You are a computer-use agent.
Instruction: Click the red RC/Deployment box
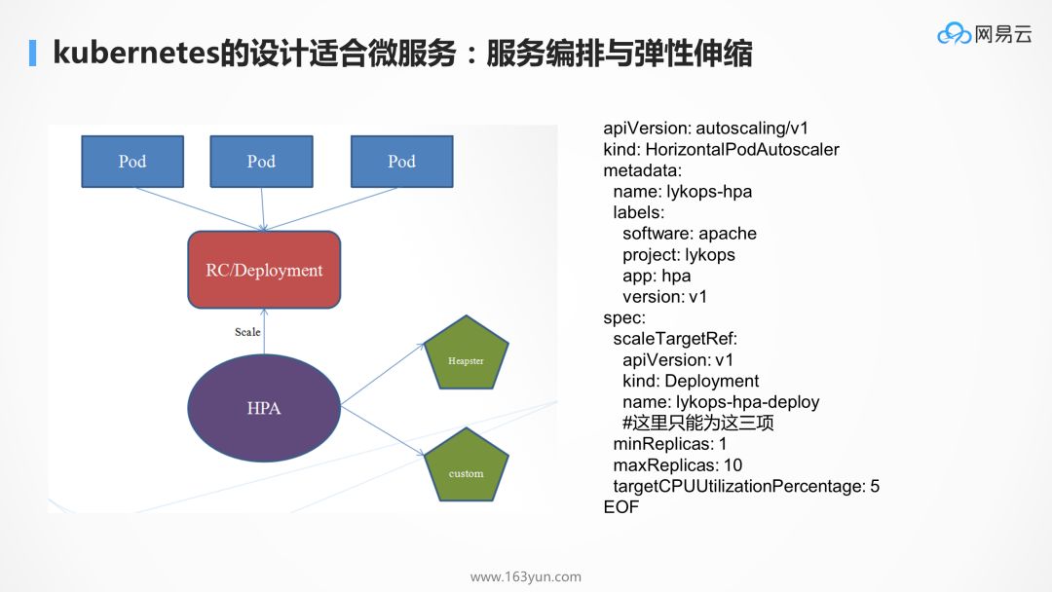[x=264, y=270]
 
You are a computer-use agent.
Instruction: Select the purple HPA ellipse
[x=264, y=408]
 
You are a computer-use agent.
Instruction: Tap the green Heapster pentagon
[x=466, y=354]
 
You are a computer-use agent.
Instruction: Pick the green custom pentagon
[x=466, y=466]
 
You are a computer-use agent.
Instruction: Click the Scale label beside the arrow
[x=247, y=332]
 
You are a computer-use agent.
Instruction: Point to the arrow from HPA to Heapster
[x=383, y=375]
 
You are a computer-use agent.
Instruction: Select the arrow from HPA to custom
[x=383, y=431]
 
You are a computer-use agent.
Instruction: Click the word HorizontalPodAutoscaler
[x=742, y=150]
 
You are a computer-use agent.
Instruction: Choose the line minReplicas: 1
[x=669, y=444]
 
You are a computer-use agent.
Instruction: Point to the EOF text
[x=621, y=507]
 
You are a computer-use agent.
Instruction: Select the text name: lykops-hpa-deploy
[x=721, y=402]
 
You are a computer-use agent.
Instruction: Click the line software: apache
[x=689, y=234]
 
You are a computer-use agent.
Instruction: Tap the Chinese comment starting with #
[x=697, y=423]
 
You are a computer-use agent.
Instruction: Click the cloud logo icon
[x=954, y=33]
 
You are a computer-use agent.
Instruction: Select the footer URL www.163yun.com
[x=526, y=576]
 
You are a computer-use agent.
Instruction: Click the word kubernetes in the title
[x=136, y=53]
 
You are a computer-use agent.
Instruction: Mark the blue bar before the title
[x=32, y=53]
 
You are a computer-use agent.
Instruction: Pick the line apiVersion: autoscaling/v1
[x=706, y=129]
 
